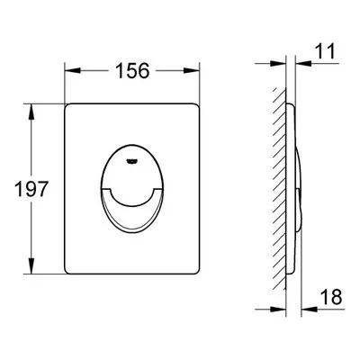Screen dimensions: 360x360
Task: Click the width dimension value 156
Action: click(132, 71)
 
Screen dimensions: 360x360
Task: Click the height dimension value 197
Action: click(31, 189)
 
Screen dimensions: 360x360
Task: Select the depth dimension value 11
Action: click(325, 51)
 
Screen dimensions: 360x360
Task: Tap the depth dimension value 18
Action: click(331, 297)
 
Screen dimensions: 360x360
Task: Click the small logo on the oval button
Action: click(131, 162)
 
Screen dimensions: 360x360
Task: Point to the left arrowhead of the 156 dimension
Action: click(73, 71)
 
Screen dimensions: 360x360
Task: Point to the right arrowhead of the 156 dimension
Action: click(192, 71)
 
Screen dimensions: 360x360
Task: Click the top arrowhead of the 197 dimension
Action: click(31, 112)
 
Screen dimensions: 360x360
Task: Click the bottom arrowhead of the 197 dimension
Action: click(31, 265)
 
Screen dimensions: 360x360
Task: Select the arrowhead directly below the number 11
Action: click(303, 63)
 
